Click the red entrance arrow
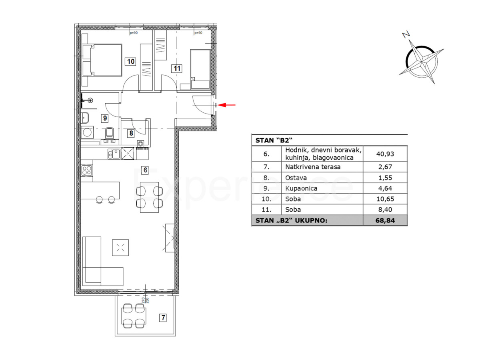(228, 105)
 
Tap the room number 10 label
(131, 61)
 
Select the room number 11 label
(177, 68)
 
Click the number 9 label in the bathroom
(104, 118)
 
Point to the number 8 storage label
(131, 134)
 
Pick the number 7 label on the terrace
(162, 318)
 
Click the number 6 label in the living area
(145, 170)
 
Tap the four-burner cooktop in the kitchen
(87, 170)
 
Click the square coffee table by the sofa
(120, 248)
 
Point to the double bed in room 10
(102, 60)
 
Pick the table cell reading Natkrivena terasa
(312, 167)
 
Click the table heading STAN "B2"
(272, 140)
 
